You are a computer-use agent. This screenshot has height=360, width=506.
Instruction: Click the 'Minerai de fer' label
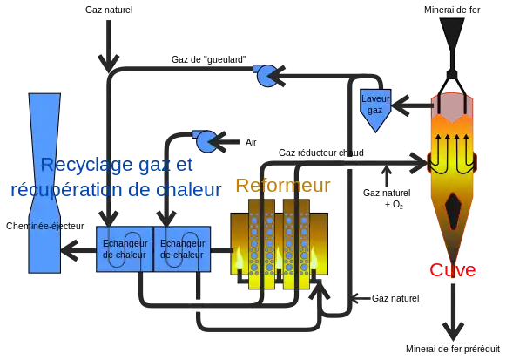pos(452,10)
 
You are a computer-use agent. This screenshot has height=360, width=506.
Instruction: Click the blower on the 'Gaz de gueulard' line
pos(266,76)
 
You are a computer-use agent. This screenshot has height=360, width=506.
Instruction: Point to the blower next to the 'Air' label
pos(206,141)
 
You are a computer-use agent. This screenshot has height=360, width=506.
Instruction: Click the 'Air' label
pos(251,142)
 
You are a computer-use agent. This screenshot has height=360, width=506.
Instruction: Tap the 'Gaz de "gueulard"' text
pos(209,59)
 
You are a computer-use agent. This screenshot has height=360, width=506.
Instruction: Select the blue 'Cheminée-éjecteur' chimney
pos(44,183)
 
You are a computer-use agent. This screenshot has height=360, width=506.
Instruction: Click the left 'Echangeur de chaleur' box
pos(125,249)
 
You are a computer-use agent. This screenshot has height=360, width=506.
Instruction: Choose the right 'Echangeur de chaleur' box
pos(182,249)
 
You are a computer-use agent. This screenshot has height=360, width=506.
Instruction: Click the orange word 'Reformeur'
pos(283,186)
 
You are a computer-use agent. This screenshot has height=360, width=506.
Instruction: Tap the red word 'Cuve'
pos(452,269)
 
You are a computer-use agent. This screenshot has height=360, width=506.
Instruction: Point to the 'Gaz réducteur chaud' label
pos(321,153)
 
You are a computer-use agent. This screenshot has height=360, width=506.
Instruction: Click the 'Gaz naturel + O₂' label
pos(387,198)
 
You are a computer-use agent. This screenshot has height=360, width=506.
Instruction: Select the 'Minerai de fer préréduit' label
pos(453,349)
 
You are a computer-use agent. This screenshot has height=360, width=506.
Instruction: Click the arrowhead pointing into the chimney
pos(69,250)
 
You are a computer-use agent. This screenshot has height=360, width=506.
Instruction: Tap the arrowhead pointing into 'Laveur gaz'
pos(400,105)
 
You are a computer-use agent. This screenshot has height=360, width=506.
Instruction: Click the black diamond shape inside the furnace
pos(453,211)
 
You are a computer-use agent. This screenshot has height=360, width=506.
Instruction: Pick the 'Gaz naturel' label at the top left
pos(109,10)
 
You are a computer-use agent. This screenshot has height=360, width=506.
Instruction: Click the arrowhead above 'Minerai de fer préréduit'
pos(453,331)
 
